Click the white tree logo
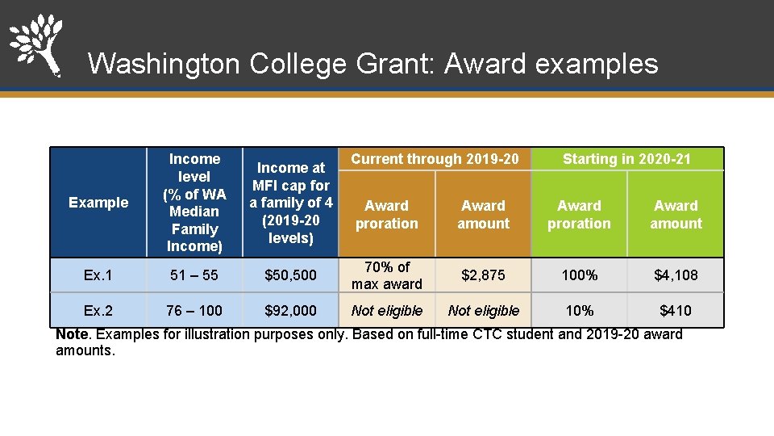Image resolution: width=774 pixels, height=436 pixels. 36,44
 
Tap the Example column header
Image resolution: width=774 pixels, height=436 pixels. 98,203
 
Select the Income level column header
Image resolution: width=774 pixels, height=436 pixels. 194,203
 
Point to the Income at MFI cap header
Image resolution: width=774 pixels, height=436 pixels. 291,203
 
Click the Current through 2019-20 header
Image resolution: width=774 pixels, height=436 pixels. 435,159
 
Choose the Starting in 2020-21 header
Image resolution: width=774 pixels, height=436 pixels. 626,159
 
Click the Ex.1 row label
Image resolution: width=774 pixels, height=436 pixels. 98,275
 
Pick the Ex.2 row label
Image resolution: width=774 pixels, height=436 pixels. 98,311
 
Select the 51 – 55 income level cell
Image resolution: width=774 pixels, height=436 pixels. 194,275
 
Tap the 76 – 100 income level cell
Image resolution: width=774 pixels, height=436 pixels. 194,311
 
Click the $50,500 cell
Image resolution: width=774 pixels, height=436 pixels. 291,275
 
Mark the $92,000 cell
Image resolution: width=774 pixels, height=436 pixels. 291,311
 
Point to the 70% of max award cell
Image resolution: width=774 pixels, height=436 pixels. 387,275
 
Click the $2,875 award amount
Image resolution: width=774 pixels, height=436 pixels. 484,275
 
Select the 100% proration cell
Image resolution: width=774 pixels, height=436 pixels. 580,275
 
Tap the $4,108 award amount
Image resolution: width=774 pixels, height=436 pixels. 676,275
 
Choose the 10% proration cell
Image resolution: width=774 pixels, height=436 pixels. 580,311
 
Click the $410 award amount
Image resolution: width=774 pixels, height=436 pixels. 676,311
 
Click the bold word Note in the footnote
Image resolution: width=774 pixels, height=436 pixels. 72,334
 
